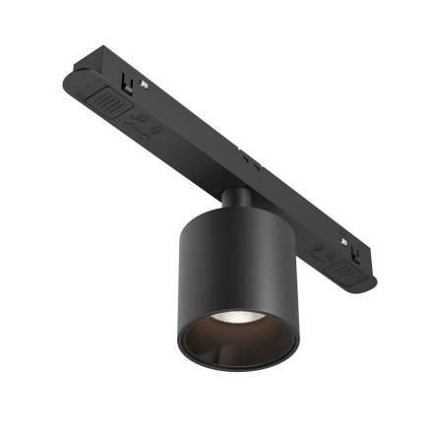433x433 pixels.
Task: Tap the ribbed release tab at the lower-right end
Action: coord(341,264)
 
